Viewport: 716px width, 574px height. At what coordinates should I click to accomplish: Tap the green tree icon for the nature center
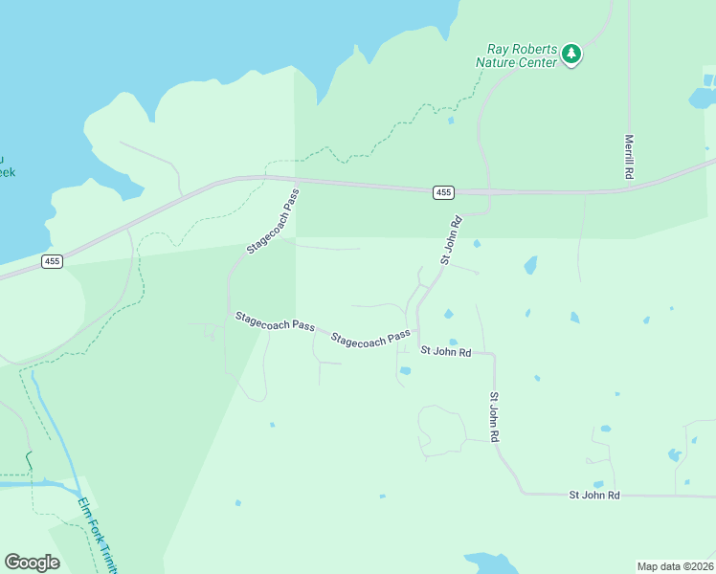[x=571, y=54]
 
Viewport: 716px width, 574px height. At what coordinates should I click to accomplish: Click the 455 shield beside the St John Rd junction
[x=442, y=192]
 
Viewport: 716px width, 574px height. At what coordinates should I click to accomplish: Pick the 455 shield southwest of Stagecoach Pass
[x=52, y=260]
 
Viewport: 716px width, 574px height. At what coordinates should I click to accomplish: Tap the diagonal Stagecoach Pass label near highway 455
[x=273, y=221]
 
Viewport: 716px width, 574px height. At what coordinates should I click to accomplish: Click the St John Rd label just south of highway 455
[x=451, y=240]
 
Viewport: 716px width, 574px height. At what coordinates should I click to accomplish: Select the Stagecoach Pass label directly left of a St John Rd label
[x=372, y=339]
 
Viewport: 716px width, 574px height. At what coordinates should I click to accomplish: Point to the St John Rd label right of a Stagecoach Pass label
[x=446, y=352]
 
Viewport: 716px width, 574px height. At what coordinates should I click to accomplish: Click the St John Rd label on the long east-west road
[x=594, y=495]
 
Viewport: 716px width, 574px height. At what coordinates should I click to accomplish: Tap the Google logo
[x=32, y=563]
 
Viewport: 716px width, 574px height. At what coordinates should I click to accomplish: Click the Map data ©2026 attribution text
[x=674, y=566]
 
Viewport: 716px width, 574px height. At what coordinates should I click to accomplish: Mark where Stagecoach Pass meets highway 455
[x=296, y=179]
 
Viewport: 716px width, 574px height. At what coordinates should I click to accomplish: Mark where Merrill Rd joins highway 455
[x=629, y=190]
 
